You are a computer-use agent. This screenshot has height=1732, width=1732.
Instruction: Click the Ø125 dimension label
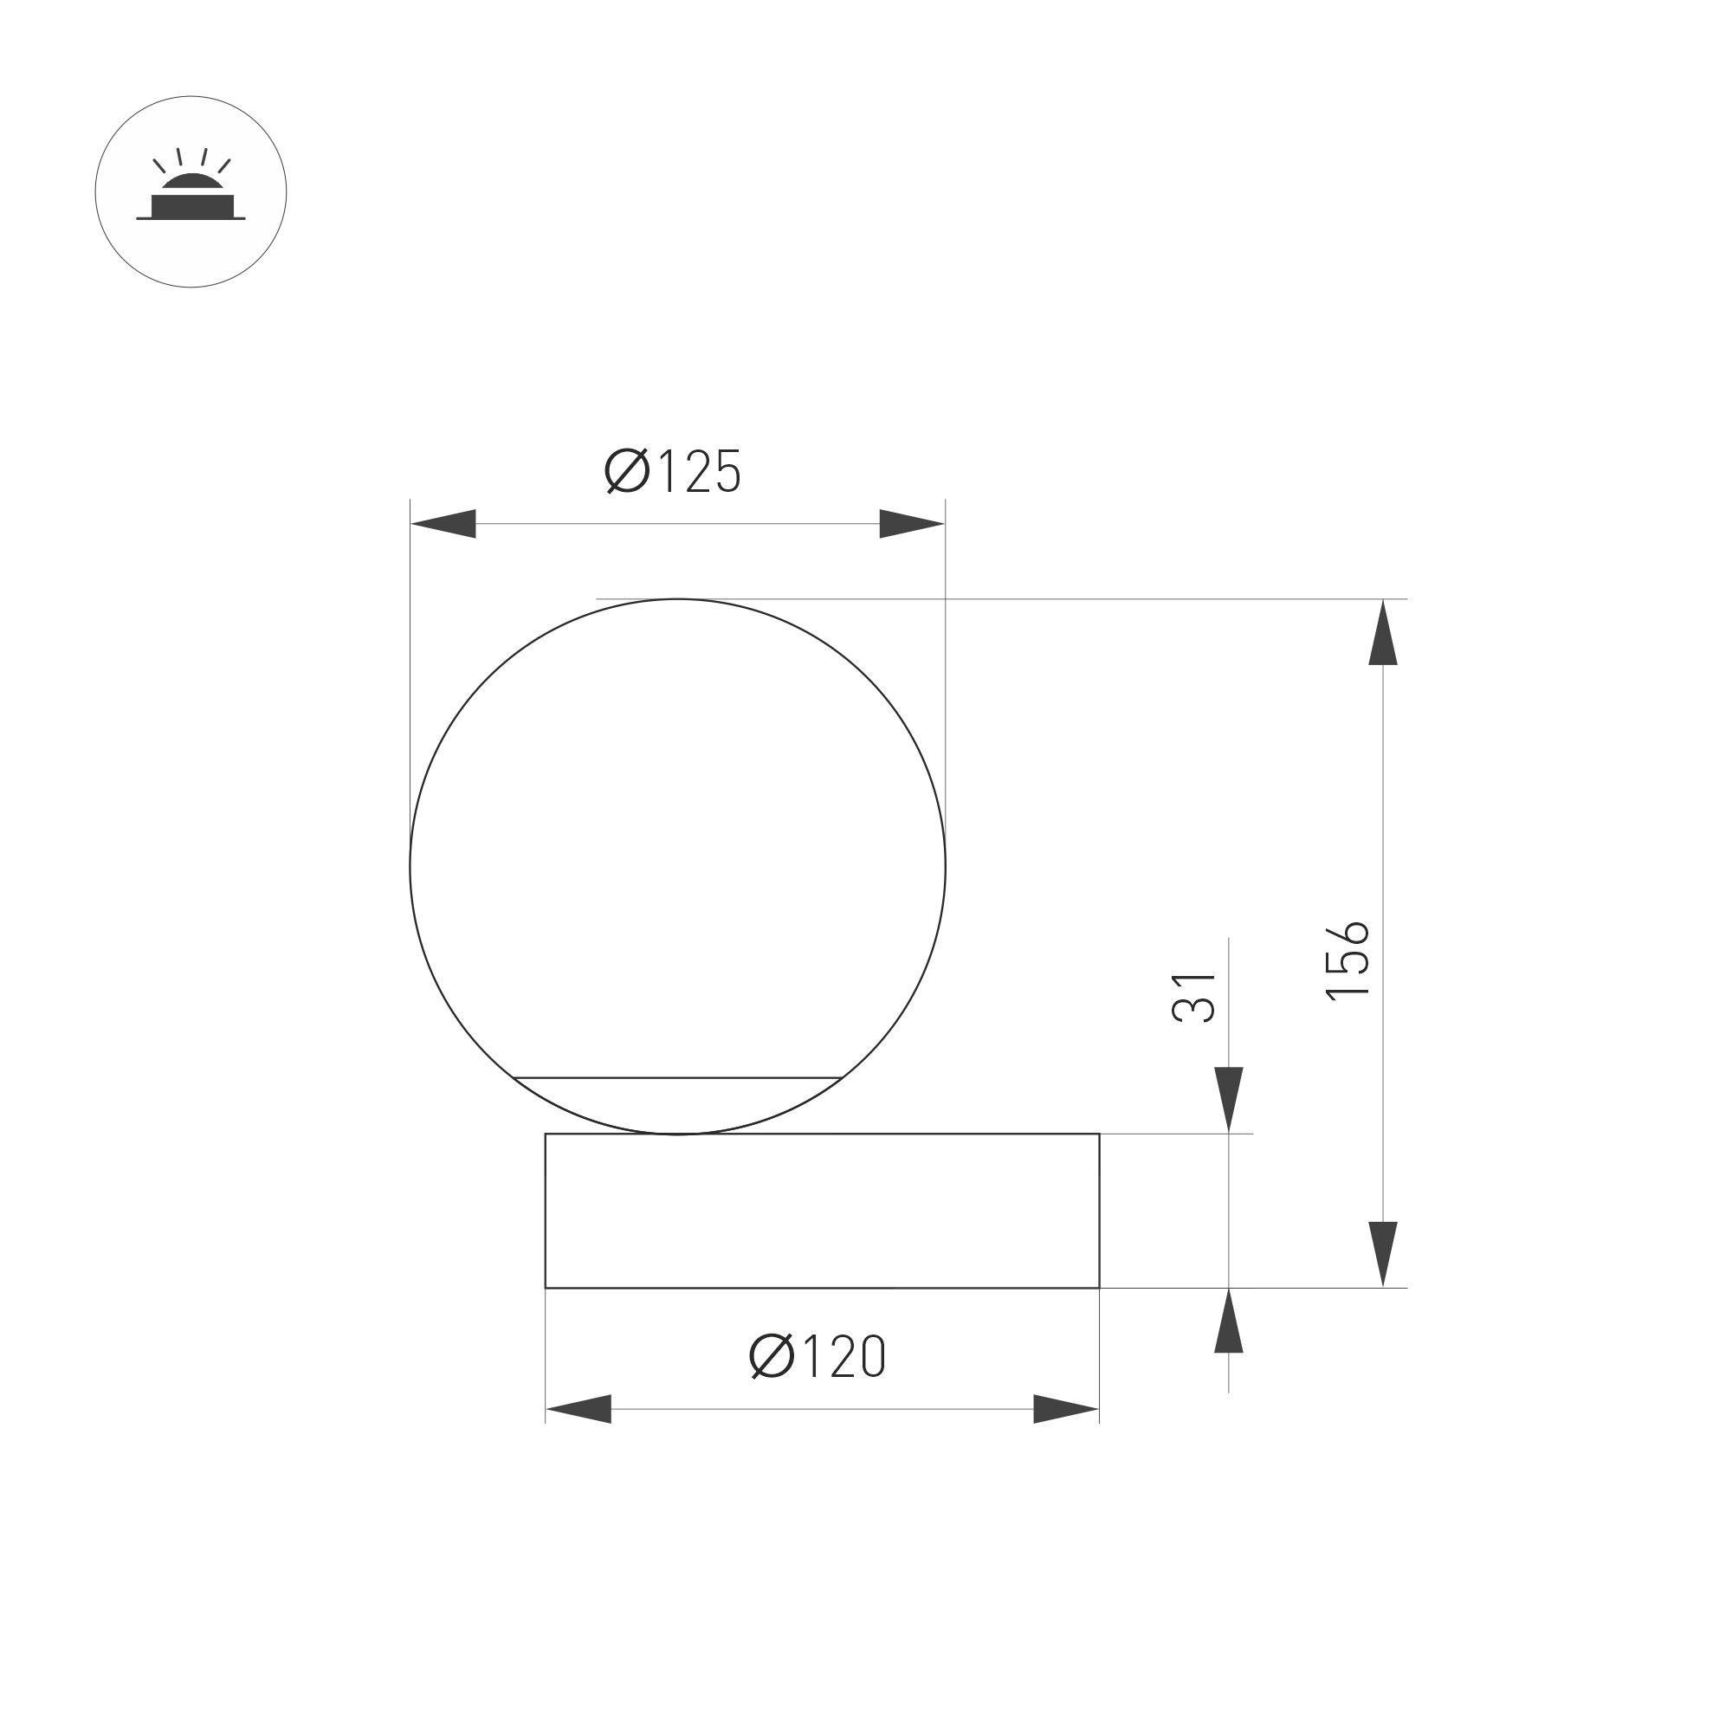(x=673, y=472)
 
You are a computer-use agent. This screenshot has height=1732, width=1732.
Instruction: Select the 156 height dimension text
(x=1347, y=960)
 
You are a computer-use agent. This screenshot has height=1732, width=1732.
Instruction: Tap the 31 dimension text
(x=1193, y=997)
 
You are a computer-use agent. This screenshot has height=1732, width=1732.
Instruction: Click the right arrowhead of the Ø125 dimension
(x=912, y=524)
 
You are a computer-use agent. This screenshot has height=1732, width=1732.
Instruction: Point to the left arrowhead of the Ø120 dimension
(x=578, y=1409)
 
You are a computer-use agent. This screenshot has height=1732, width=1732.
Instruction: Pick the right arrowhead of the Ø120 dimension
(x=1066, y=1409)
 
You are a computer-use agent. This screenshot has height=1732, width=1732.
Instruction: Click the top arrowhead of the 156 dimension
(x=1383, y=633)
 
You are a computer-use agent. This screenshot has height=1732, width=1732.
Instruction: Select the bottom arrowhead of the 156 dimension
(x=1383, y=1253)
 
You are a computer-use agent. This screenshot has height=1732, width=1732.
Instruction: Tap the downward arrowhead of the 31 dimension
(x=1228, y=1099)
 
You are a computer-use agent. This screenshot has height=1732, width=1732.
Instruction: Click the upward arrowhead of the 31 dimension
(x=1228, y=1322)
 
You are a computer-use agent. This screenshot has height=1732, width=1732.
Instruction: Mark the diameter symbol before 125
(x=627, y=472)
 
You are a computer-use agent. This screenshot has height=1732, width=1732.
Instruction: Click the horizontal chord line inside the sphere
(x=679, y=1076)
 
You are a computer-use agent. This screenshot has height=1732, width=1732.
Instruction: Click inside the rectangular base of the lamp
(x=822, y=1212)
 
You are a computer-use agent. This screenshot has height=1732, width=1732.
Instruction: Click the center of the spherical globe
(x=678, y=866)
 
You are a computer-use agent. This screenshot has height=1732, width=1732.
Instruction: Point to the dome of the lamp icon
(x=191, y=183)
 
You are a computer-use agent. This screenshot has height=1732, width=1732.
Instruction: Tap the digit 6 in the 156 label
(x=1347, y=934)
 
